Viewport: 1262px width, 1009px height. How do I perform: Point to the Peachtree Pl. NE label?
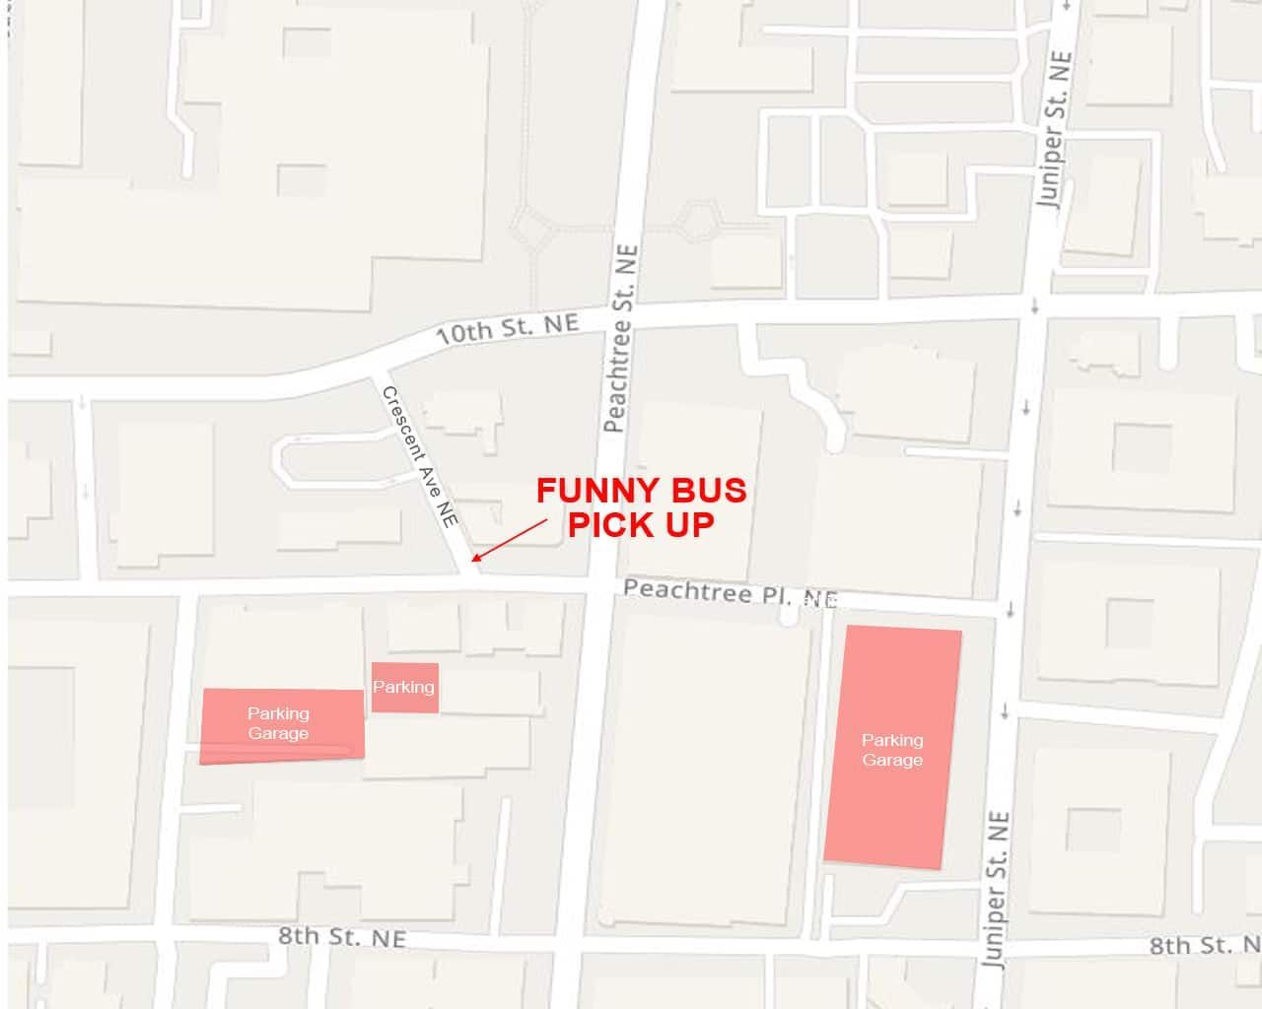click(730, 592)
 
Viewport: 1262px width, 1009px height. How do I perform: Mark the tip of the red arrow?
click(473, 562)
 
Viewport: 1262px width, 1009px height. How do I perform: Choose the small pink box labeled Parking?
click(404, 687)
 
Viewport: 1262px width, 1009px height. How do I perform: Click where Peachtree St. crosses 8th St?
click(570, 943)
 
